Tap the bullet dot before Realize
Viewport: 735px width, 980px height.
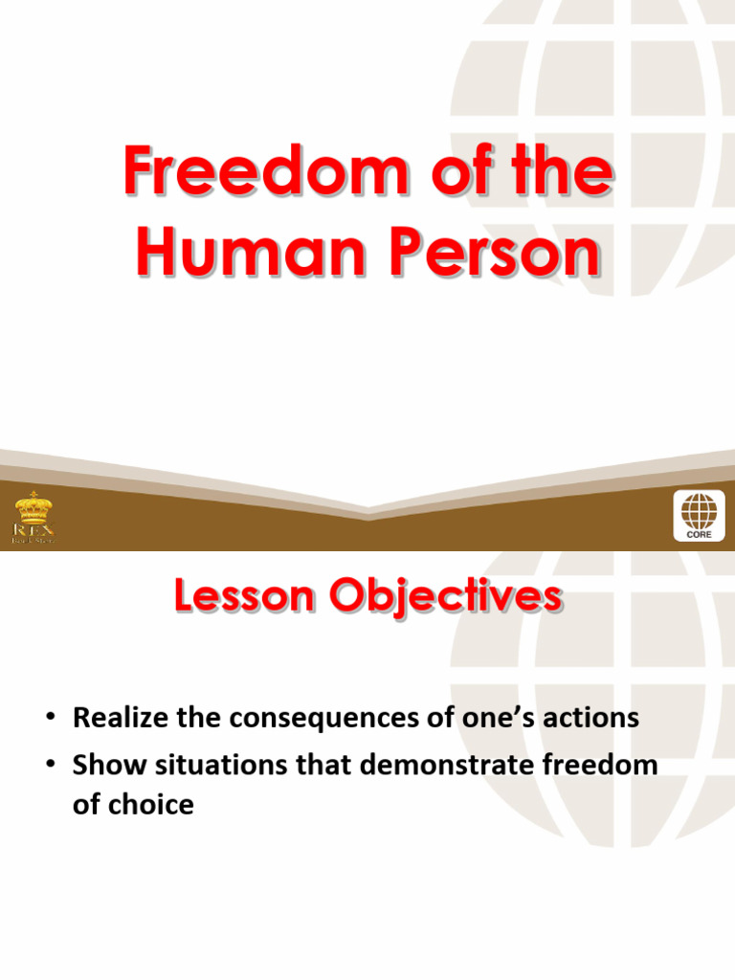coord(53,719)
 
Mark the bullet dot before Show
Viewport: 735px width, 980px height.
coord(53,766)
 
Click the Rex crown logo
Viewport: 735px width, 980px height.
coord(33,518)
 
